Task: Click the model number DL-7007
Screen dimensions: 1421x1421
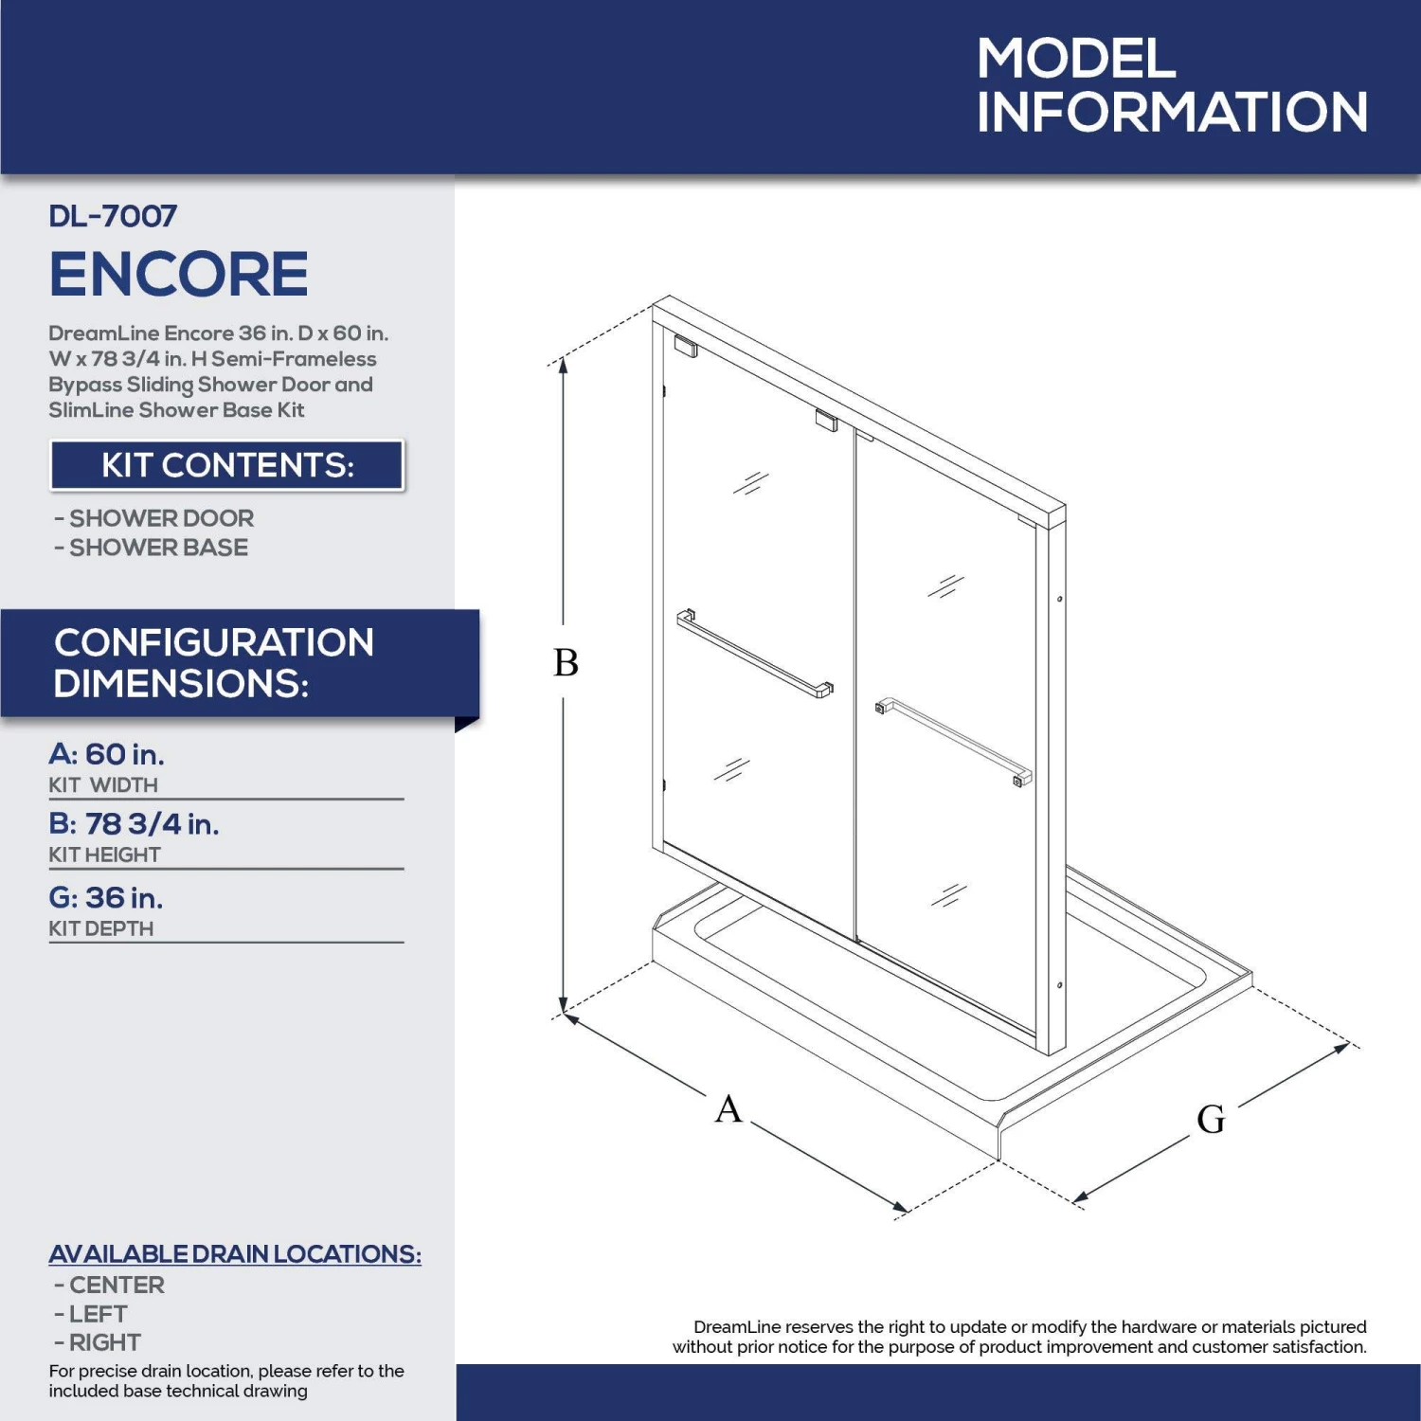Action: [113, 216]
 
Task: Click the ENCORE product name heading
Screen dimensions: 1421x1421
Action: [178, 274]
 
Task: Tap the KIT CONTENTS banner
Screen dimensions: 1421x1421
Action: [227, 465]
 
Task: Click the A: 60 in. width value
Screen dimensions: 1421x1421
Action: [106, 754]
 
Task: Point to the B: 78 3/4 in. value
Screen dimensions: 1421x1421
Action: [134, 823]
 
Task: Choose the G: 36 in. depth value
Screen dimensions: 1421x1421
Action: [106, 897]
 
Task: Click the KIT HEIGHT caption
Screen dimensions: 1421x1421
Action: [104, 854]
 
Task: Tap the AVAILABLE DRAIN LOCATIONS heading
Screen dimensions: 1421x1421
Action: [235, 1253]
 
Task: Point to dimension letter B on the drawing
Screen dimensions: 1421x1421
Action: [566, 662]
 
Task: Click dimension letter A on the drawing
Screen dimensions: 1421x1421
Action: [728, 1108]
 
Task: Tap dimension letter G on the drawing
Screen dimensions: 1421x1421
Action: [1211, 1120]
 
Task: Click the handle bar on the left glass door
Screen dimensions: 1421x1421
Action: [755, 654]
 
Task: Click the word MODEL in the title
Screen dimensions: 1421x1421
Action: [1076, 59]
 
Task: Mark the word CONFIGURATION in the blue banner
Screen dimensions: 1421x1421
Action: [214, 642]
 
